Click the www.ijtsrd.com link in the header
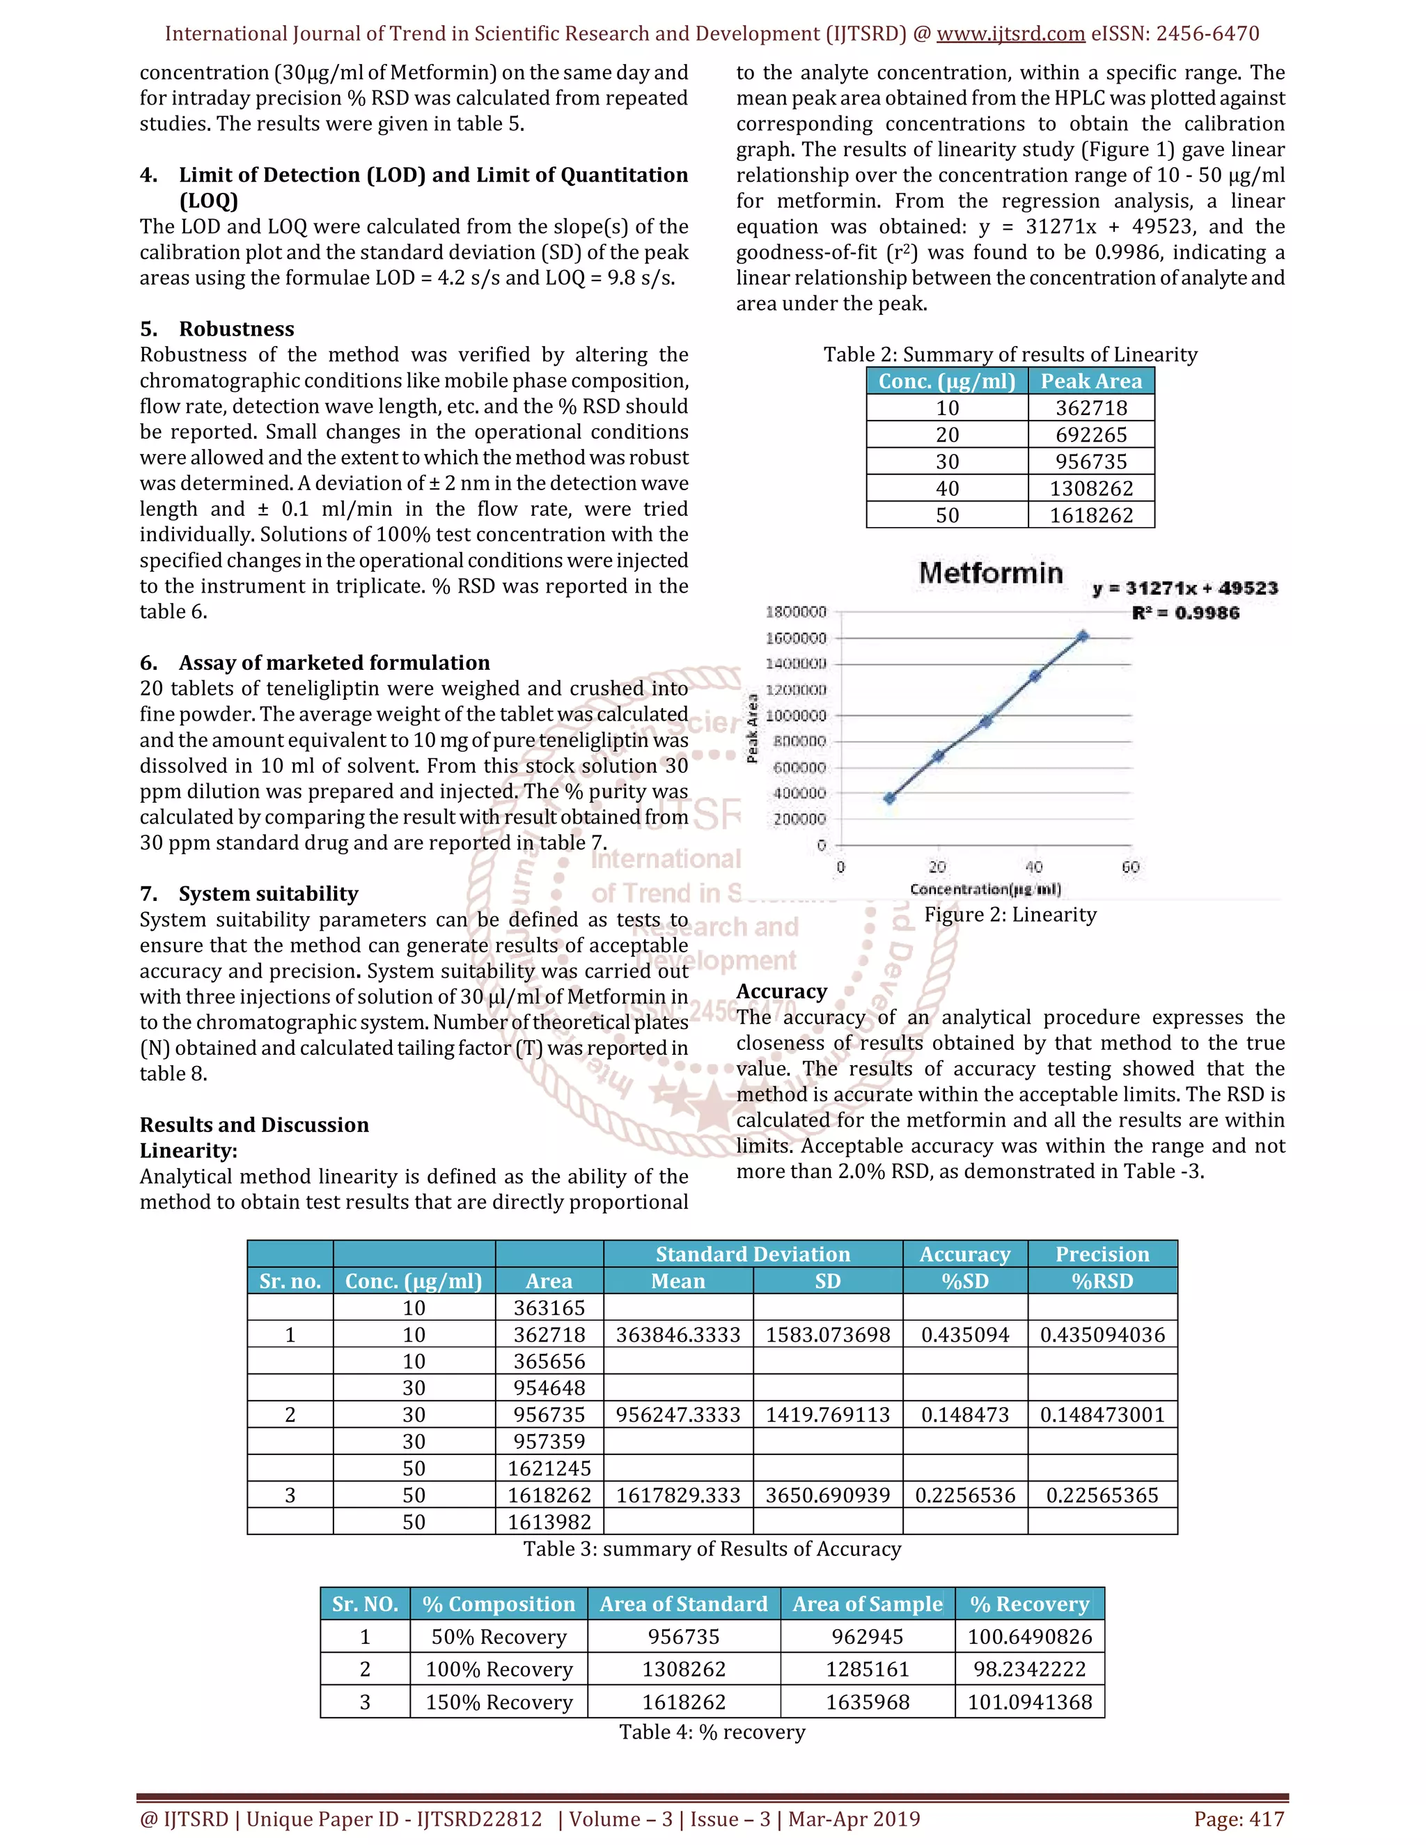1010,34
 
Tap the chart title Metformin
990,573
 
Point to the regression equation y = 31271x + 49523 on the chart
1184,588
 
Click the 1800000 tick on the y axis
796,611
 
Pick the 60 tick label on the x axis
1130,867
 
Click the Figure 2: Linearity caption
1010,915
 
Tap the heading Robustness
237,329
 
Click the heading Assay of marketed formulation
334,662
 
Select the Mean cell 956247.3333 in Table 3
677,1415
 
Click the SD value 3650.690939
827,1495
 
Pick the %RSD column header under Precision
1102,1280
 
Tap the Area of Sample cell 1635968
868,1702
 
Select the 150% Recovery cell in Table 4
499,1702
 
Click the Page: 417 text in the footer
1239,1819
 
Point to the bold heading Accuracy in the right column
781,991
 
